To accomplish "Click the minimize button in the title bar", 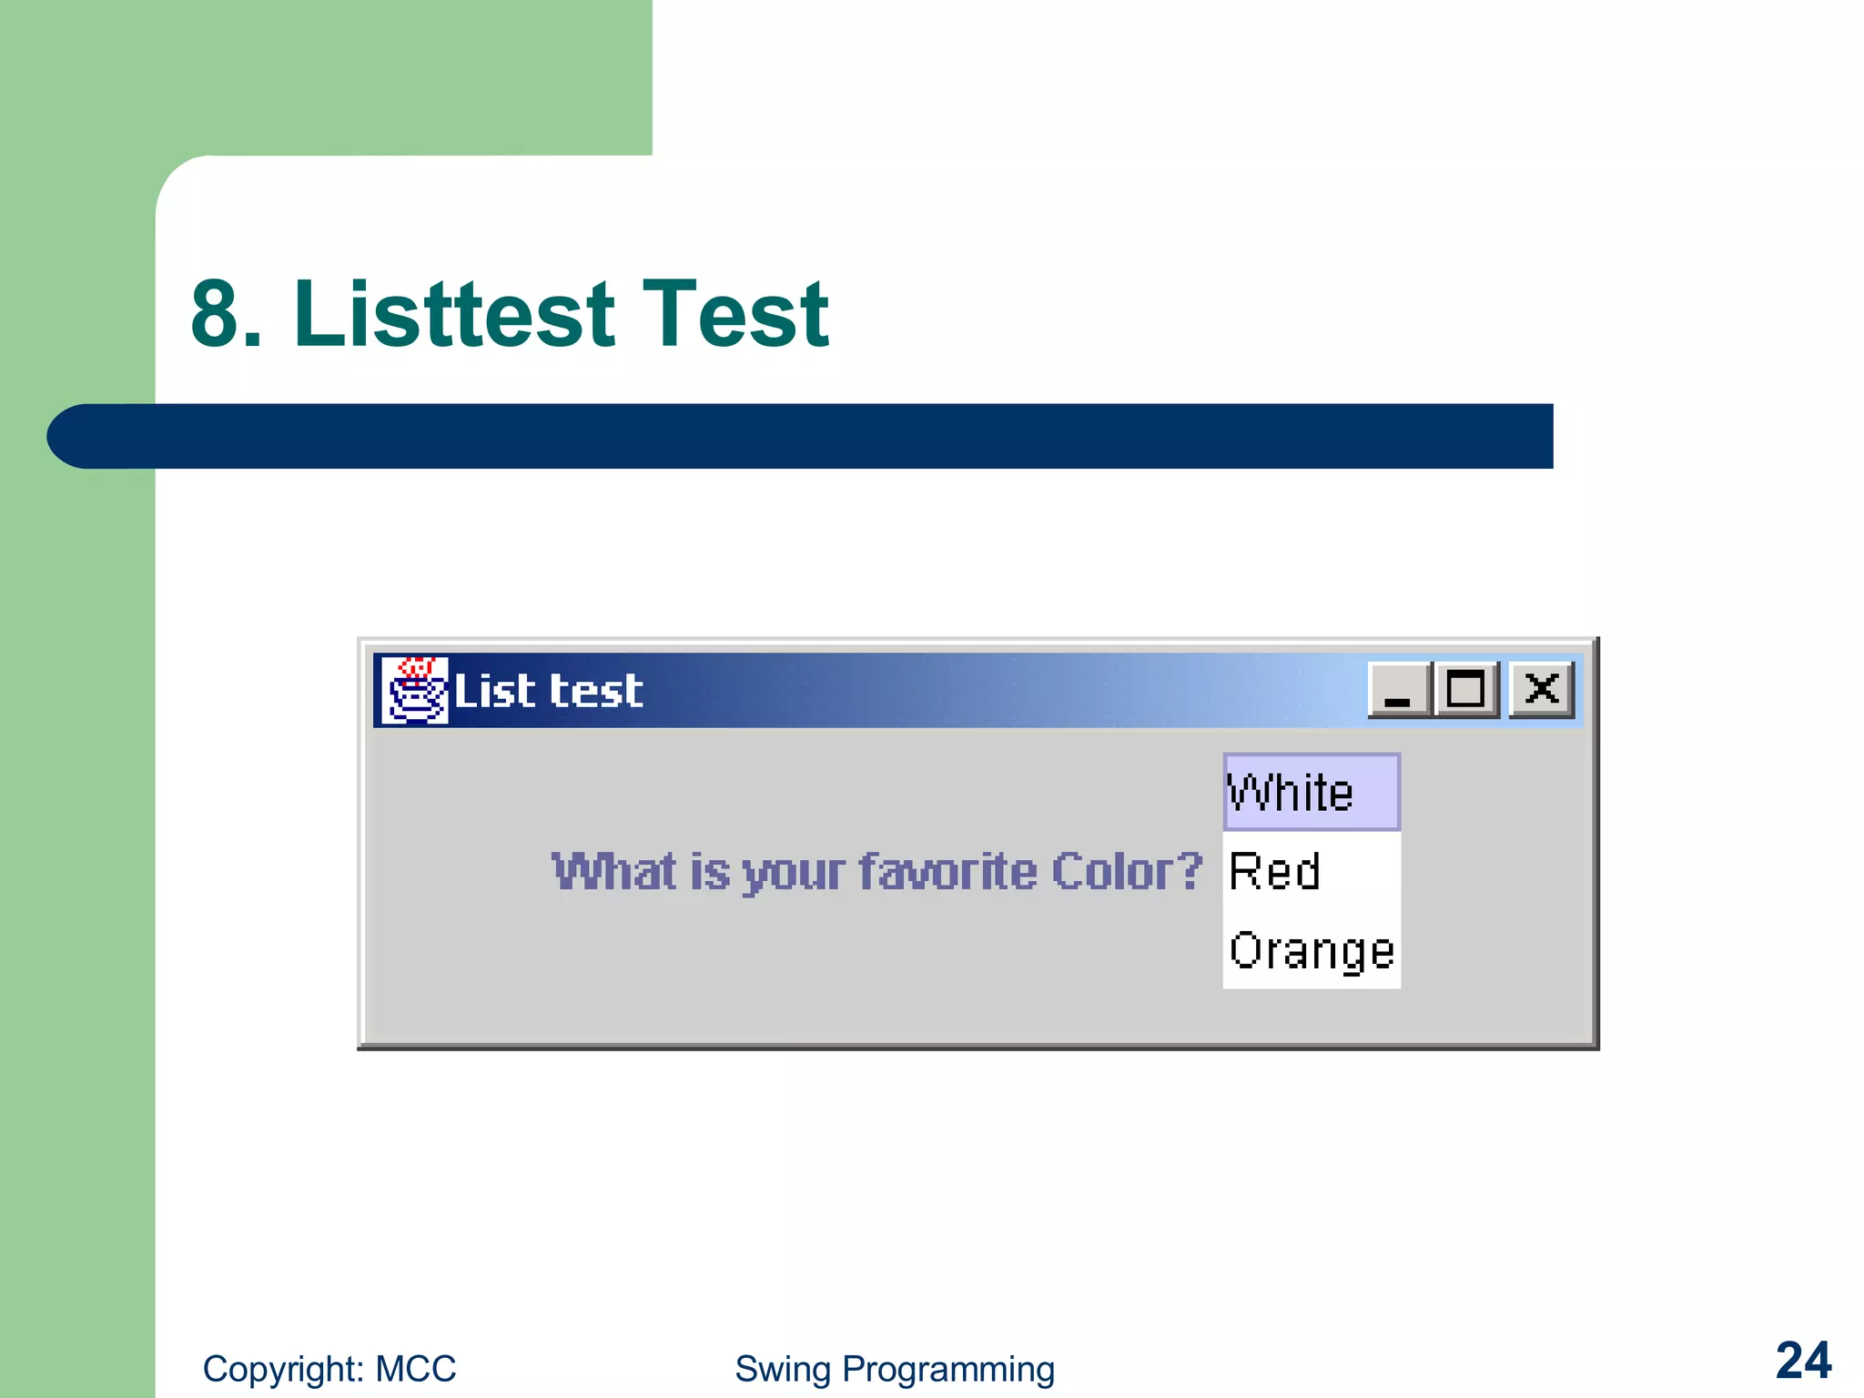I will [x=1399, y=690].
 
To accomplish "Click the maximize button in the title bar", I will [x=1465, y=690].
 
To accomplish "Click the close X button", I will [x=1542, y=690].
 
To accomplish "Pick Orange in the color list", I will [x=1311, y=952].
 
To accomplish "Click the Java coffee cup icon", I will [x=414, y=690].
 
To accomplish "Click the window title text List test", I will [x=548, y=691].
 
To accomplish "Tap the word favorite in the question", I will [x=948, y=872].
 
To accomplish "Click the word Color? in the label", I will [x=1127, y=872].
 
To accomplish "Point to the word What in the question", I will [x=614, y=872].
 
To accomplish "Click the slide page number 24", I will [x=1803, y=1362].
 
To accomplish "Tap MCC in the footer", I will [x=416, y=1369].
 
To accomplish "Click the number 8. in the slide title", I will [x=227, y=314].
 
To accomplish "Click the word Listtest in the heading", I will [x=455, y=314].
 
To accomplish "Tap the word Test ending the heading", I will [x=735, y=314].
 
